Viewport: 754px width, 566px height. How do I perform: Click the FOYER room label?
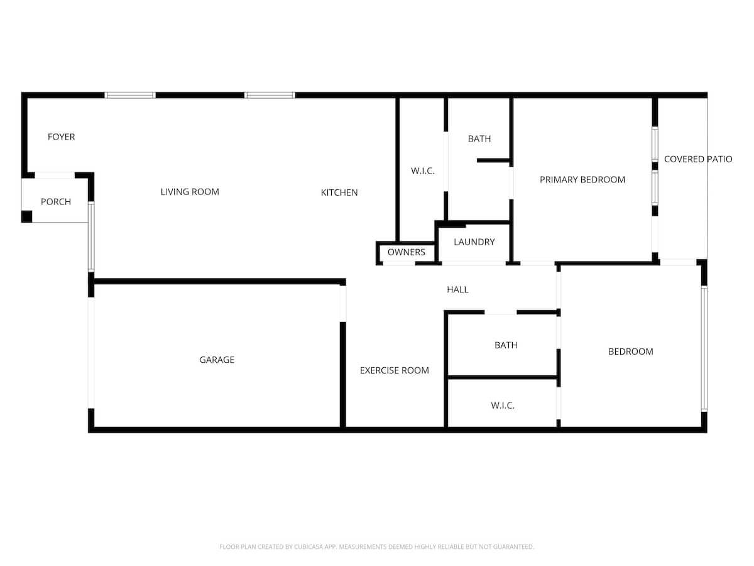click(x=61, y=136)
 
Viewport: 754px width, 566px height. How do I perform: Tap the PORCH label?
click(x=56, y=202)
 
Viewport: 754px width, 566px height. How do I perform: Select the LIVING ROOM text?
click(x=190, y=192)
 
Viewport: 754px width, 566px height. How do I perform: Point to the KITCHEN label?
click(x=339, y=192)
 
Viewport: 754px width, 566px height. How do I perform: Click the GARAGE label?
click(x=217, y=360)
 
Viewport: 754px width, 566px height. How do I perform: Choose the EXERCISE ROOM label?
click(x=395, y=370)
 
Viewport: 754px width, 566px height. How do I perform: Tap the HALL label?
click(x=457, y=290)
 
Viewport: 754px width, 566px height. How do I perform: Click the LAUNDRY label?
click(x=474, y=242)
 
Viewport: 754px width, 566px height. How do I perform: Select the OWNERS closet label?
click(x=407, y=252)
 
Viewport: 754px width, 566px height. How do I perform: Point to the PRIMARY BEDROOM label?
click(x=582, y=180)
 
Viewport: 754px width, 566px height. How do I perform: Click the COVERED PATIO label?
click(x=698, y=159)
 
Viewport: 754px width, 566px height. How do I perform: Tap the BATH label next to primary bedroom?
click(x=479, y=139)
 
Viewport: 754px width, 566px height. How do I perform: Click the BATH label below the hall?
click(x=506, y=345)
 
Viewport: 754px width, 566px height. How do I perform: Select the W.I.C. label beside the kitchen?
click(x=422, y=171)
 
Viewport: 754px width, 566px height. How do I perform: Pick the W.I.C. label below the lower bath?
click(x=503, y=406)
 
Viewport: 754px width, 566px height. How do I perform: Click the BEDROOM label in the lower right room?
click(x=631, y=352)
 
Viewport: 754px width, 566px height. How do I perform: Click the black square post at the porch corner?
click(x=27, y=216)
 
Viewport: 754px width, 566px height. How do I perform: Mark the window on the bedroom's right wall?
click(x=704, y=349)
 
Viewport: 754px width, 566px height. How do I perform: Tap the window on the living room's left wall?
click(x=91, y=237)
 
